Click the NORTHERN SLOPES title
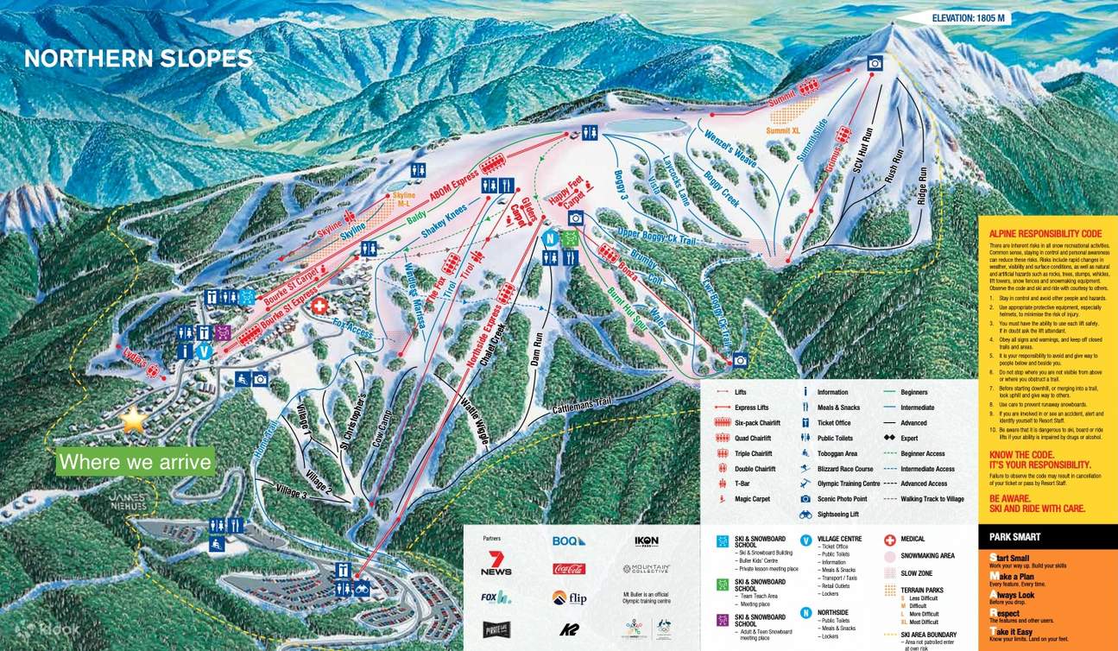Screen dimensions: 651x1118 138,59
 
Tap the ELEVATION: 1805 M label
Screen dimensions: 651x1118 970,18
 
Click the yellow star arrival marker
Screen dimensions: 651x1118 133,420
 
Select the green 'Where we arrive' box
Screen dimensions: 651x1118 135,462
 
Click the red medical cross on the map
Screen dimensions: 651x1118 319,307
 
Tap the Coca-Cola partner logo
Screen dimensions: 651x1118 569,569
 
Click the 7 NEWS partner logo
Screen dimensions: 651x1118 496,563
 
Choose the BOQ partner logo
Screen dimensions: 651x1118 569,540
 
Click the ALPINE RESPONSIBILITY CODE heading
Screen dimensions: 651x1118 1045,233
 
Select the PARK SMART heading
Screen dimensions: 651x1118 1015,537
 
